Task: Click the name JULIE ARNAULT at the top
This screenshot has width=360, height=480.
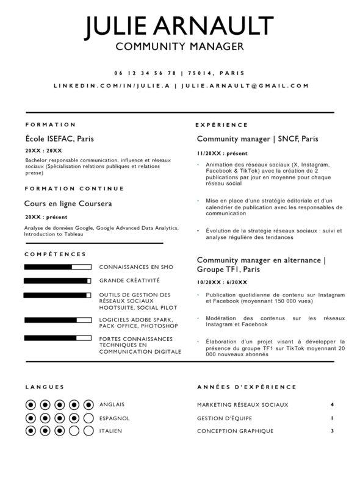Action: point(179,27)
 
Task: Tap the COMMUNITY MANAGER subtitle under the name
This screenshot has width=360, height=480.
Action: point(179,46)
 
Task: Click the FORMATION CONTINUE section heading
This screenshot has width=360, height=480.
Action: point(74,188)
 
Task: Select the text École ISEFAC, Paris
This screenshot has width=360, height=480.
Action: point(59,138)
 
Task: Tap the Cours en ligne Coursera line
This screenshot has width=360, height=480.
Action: point(68,204)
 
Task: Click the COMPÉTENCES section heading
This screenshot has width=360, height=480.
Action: point(56,254)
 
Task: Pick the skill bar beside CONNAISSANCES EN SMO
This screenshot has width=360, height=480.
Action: point(57,267)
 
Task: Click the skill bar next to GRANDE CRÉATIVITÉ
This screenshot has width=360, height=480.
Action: point(57,281)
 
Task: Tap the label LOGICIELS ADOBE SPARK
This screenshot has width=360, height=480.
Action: point(135,319)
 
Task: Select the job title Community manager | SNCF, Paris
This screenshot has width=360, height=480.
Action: point(257,138)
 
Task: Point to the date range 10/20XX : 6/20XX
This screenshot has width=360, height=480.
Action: point(222,282)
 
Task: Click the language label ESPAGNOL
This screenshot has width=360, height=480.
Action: point(114,418)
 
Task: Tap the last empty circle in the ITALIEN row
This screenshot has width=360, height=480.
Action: point(88,431)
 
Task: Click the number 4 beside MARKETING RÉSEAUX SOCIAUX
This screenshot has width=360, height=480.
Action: point(332,404)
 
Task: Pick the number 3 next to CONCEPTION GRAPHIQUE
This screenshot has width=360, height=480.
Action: point(332,431)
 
